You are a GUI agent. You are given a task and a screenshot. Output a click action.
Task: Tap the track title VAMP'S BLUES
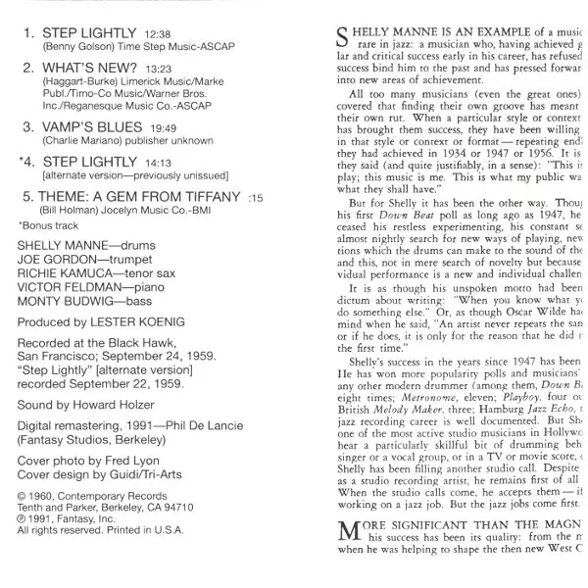point(90,126)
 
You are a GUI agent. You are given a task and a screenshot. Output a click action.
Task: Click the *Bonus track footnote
point(46,224)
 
